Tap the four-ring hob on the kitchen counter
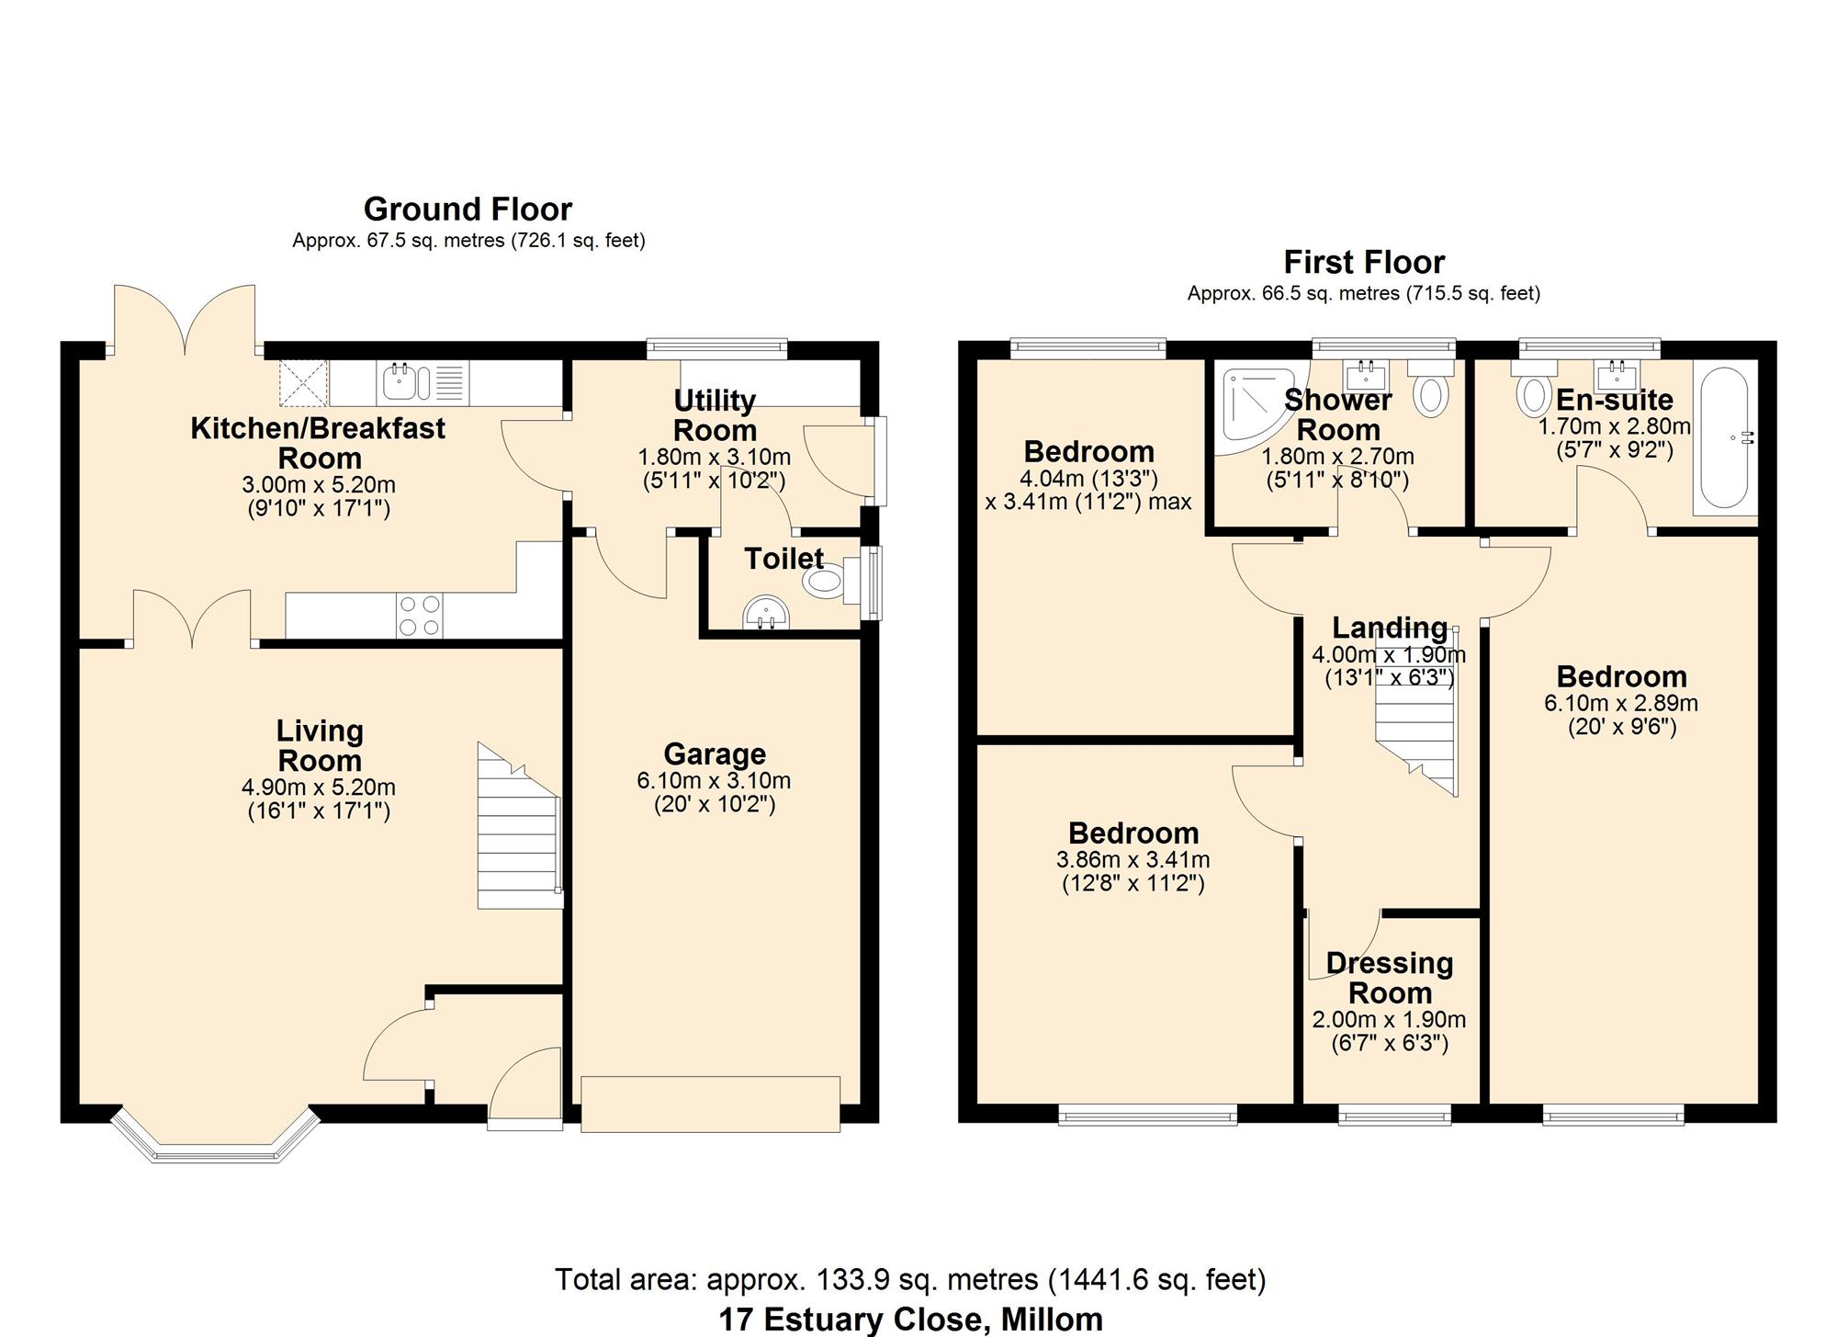(419, 616)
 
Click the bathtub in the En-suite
(1724, 436)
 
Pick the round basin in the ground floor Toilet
(765, 613)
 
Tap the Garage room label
(715, 753)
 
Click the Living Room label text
(320, 745)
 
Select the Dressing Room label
(1390, 978)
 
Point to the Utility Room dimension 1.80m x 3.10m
(715, 457)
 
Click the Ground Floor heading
(468, 210)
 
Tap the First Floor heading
(1364, 263)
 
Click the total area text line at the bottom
(910, 1278)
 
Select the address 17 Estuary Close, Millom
(910, 1320)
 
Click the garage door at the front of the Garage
(711, 1104)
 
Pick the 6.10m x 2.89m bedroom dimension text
(1621, 704)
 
